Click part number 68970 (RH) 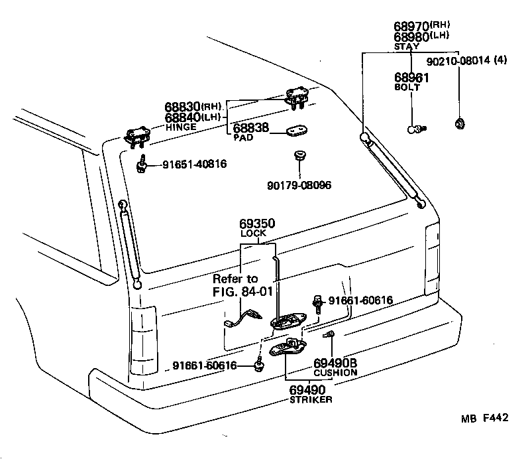[x=412, y=26]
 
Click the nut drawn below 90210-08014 [x=458, y=122]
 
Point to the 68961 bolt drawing [x=415, y=128]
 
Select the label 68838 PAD [x=251, y=129]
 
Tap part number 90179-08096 [x=299, y=184]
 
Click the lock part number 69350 [x=257, y=224]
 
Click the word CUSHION [x=335, y=372]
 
